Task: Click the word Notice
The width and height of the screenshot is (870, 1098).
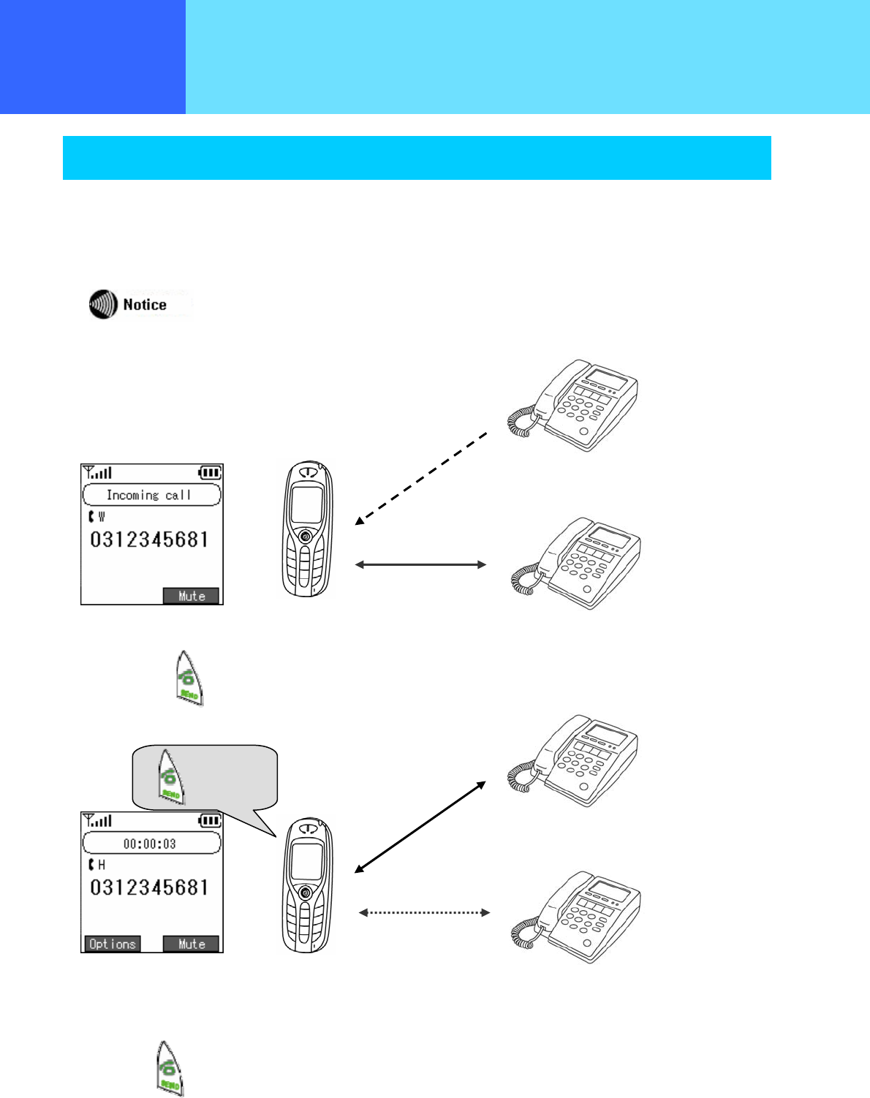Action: click(x=145, y=305)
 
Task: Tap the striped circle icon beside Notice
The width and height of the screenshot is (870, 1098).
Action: click(x=104, y=304)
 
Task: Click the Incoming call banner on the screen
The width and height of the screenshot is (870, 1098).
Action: click(x=151, y=495)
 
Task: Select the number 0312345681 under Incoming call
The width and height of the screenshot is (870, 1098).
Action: click(x=150, y=540)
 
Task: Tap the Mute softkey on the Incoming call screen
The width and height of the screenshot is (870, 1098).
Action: click(x=192, y=596)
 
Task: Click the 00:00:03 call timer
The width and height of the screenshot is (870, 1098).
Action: click(x=151, y=844)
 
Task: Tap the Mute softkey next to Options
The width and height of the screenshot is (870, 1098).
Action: click(x=192, y=944)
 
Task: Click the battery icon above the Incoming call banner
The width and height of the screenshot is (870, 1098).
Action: click(x=209, y=473)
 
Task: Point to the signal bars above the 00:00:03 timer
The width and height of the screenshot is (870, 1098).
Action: click(x=98, y=820)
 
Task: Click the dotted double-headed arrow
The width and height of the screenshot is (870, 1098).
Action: click(x=424, y=912)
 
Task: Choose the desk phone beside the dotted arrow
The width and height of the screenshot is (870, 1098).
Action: click(x=576, y=917)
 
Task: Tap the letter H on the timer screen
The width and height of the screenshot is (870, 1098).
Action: click(x=102, y=865)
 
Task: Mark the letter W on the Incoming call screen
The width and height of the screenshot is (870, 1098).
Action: click(x=102, y=517)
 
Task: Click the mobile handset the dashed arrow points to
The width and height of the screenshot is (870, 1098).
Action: click(x=308, y=529)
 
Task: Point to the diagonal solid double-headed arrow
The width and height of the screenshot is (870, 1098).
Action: click(x=420, y=827)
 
